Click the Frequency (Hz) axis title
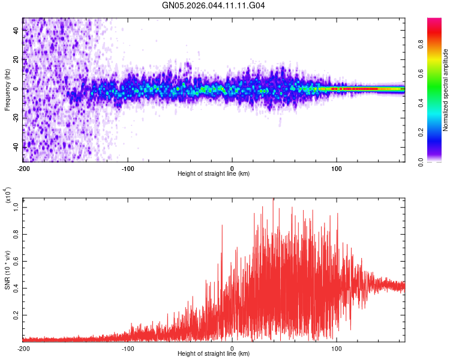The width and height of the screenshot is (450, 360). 7,89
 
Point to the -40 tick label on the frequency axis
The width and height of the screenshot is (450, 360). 17,147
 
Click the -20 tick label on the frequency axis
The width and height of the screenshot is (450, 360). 17,118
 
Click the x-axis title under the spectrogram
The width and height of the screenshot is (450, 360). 214,174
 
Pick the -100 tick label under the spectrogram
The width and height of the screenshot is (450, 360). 127,167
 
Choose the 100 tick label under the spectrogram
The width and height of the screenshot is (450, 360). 337,167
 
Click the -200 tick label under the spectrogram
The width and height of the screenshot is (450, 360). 23,167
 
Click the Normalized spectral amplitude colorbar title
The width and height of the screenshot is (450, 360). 446,89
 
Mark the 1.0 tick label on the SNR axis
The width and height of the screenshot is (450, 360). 17,206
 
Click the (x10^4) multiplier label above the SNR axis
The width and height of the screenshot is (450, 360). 8,196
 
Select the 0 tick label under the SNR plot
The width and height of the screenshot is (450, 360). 232,347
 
